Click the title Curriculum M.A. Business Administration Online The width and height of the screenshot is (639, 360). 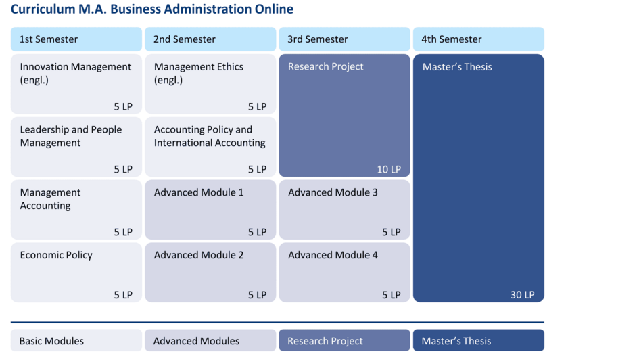click(x=152, y=9)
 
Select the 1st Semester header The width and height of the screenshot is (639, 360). click(x=49, y=39)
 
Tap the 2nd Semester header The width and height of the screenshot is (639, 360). click(x=185, y=39)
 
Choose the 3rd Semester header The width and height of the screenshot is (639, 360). click(x=318, y=39)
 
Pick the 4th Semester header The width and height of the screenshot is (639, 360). click(x=452, y=39)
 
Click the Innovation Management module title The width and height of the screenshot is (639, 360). click(x=75, y=67)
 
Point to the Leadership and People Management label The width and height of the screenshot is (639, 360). click(x=71, y=136)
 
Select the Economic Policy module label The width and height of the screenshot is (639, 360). click(x=56, y=255)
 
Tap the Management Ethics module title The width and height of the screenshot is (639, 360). click(x=199, y=67)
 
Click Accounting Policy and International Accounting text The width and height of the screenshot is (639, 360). click(x=210, y=136)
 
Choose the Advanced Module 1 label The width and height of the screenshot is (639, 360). click(x=199, y=192)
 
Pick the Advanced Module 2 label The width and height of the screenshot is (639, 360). click(x=199, y=255)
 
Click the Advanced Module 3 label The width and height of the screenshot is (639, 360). click(x=333, y=192)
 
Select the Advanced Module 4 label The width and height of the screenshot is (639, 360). click(x=333, y=255)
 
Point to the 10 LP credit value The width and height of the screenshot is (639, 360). click(x=389, y=169)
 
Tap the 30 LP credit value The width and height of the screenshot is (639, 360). click(x=523, y=294)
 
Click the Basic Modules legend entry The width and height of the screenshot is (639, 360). click(x=51, y=341)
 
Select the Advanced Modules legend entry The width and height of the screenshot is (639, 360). click(x=196, y=341)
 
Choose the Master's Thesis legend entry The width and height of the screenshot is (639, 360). click(x=456, y=341)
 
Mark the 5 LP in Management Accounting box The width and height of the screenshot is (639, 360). click(x=123, y=232)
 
